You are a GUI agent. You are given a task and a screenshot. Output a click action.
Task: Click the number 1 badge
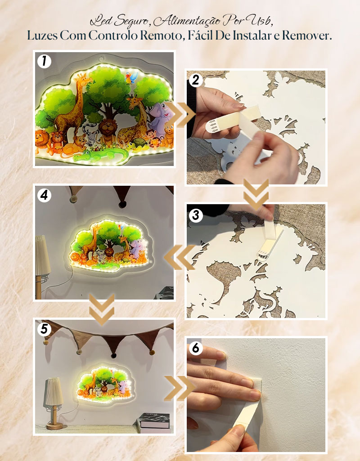[x=44, y=61]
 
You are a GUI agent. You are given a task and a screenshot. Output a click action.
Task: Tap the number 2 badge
[x=196, y=80]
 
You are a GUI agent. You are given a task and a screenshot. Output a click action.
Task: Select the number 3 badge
[x=196, y=215]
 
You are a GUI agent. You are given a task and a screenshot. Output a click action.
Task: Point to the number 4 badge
[x=44, y=195]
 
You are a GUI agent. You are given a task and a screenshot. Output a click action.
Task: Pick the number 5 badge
[x=44, y=329]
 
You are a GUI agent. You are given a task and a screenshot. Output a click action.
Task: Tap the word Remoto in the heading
[x=161, y=36]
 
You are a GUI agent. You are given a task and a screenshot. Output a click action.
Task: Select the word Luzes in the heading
[x=42, y=36]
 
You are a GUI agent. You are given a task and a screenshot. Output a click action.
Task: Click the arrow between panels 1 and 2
[x=180, y=114]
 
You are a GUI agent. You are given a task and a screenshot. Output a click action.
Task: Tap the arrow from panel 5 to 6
[x=180, y=388]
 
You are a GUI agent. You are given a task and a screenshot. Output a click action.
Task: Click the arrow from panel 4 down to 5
[x=101, y=309]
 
